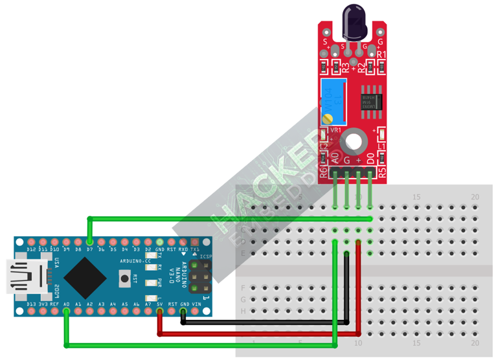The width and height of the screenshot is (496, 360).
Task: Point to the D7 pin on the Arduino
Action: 89,242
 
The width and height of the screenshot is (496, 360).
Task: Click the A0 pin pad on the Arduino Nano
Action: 66,311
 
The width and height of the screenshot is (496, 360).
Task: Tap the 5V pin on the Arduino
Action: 160,311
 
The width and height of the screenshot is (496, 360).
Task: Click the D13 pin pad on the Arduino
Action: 30,311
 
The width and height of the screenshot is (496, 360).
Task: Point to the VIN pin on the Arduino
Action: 196,311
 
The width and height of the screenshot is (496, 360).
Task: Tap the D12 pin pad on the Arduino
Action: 30,242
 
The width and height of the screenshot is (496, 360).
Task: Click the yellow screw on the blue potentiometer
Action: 329,118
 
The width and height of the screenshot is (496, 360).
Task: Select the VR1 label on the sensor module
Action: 335,129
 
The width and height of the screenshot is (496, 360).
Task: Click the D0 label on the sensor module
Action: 370,157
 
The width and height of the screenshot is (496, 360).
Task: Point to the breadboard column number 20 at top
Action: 475,197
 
